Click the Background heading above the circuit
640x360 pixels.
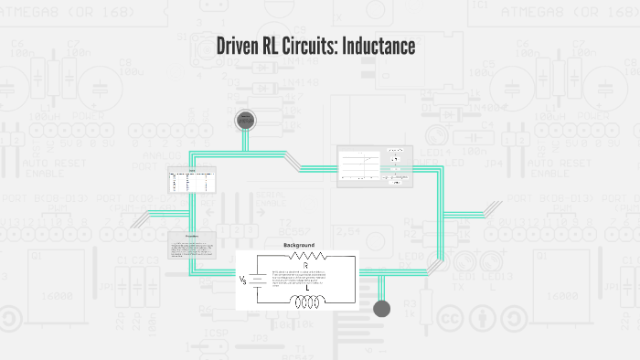[x=298, y=246]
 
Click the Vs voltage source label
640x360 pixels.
[x=243, y=280]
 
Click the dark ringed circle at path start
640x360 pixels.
[x=245, y=121]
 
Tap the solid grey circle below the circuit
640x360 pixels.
[x=382, y=308]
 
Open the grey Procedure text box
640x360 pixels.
[x=192, y=244]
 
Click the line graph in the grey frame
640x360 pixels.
[x=360, y=164]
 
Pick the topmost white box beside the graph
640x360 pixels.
[x=395, y=151]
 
